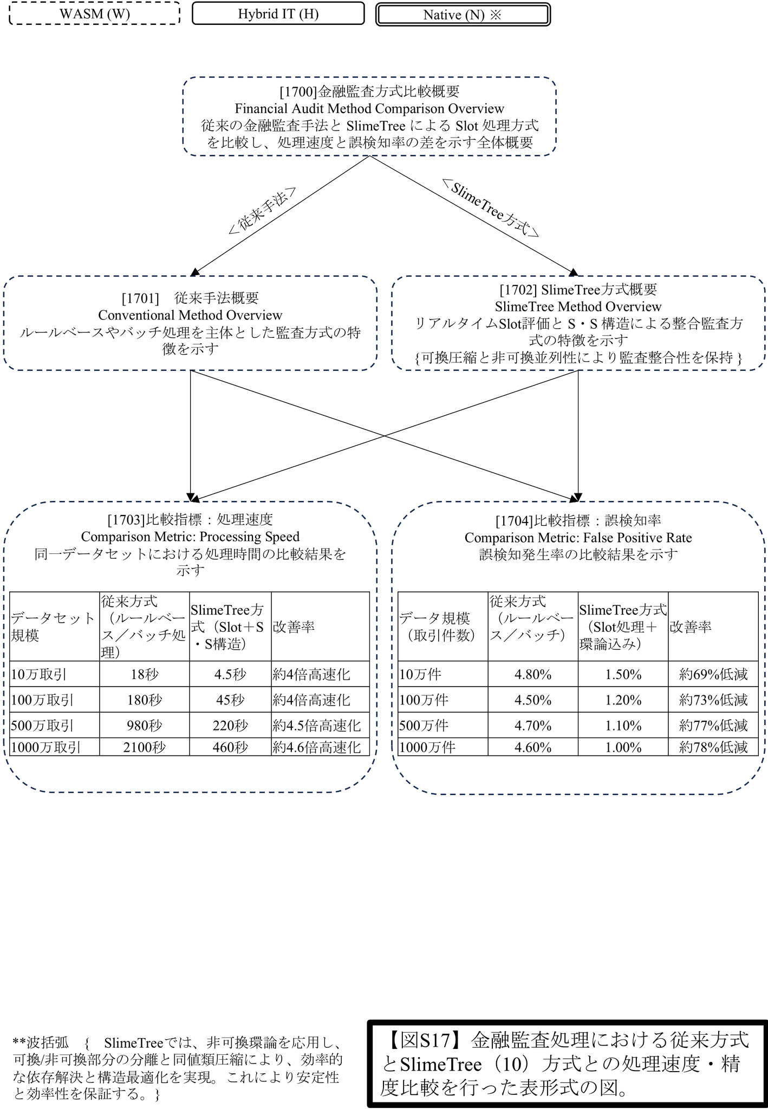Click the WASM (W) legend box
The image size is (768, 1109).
(x=95, y=14)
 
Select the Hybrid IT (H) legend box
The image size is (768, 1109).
(x=278, y=14)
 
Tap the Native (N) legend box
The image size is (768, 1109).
(x=463, y=15)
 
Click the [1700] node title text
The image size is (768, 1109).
(x=369, y=92)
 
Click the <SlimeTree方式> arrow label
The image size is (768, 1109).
(x=491, y=208)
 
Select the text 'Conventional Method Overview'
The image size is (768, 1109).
(x=190, y=315)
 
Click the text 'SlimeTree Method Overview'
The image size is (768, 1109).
(x=578, y=306)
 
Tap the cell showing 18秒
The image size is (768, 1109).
(x=145, y=674)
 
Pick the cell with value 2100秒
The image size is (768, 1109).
(x=145, y=747)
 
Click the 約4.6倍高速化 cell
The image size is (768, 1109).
(x=320, y=747)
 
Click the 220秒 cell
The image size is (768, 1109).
(x=230, y=725)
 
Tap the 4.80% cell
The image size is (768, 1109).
(x=533, y=674)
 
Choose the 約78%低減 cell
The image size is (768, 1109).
(x=713, y=747)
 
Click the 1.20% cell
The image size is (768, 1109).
(x=623, y=700)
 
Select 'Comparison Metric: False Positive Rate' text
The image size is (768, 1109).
(x=578, y=538)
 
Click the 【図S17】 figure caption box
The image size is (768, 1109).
(x=567, y=1064)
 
